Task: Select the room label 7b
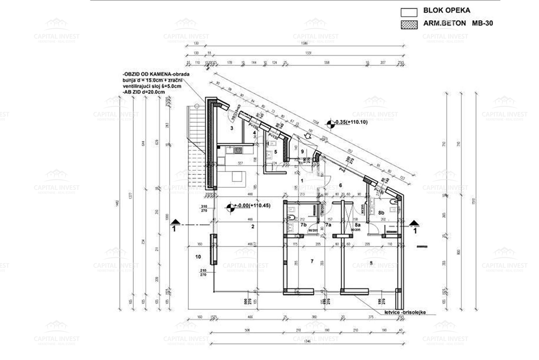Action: click(x=303, y=225)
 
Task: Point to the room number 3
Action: click(x=232, y=129)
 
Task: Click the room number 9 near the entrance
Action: click(x=302, y=151)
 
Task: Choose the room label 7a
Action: click(x=328, y=225)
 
